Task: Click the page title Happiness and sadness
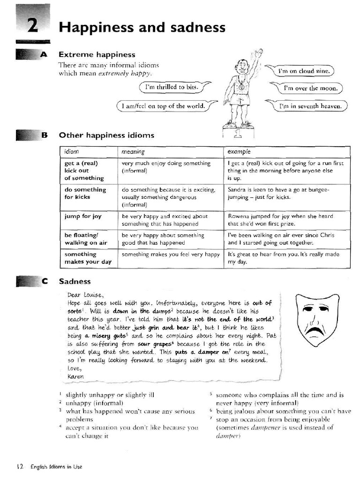(x=142, y=27)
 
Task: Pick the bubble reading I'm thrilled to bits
(x=172, y=87)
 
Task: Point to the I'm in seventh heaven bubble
(x=310, y=106)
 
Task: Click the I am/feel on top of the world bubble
(x=163, y=106)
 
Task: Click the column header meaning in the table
(x=133, y=152)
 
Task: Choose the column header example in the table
(x=239, y=152)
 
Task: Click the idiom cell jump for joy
(x=83, y=217)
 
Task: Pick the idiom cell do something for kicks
(x=85, y=193)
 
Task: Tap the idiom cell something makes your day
(x=88, y=258)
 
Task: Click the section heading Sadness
(x=75, y=282)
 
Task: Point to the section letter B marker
(x=45, y=135)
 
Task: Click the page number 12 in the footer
(x=20, y=466)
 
